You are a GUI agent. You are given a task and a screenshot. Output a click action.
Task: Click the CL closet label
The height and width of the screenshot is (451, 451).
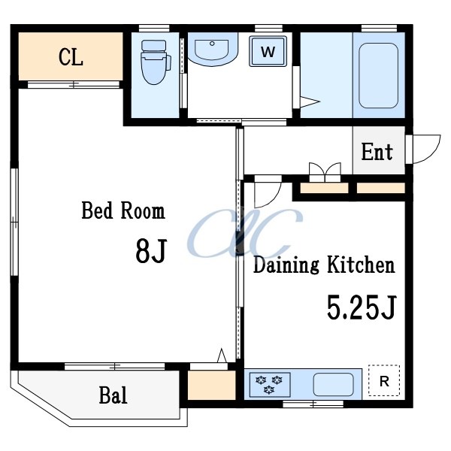click(71, 57)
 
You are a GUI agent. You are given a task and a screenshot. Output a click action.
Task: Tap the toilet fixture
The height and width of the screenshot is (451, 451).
click(156, 62)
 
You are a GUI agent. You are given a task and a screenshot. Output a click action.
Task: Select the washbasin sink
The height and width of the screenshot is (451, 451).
click(213, 49)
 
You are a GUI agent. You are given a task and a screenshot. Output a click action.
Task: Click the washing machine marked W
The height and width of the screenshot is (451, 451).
click(268, 51)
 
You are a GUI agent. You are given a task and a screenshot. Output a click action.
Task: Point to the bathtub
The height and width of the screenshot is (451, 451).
click(379, 76)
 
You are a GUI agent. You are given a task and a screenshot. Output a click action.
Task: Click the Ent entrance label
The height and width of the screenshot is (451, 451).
click(377, 152)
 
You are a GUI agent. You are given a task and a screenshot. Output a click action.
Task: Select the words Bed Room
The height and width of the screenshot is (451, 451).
click(123, 210)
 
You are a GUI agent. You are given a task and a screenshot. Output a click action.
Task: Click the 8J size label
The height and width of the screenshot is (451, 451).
click(151, 251)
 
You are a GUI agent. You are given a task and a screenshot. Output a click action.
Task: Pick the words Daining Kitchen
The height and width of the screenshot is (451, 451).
click(324, 265)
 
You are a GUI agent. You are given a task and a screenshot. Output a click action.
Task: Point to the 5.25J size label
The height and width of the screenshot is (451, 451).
click(362, 307)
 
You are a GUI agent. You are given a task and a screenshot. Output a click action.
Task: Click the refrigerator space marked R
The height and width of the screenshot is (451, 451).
click(384, 380)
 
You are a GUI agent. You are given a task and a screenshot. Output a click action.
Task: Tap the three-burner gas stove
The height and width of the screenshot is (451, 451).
click(270, 385)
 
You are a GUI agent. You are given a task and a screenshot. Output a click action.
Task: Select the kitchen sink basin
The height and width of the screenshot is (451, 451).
click(333, 385)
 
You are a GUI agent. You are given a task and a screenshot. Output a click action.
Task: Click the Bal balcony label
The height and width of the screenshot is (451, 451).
click(113, 395)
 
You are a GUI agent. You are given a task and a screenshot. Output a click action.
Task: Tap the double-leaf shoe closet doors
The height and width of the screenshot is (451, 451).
click(325, 172)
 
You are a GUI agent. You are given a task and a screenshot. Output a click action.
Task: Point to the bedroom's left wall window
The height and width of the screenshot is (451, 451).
click(14, 222)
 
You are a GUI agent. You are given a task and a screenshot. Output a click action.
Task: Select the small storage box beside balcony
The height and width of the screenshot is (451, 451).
click(212, 385)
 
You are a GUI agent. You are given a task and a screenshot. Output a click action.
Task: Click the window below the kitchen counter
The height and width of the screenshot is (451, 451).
click(313, 404)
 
